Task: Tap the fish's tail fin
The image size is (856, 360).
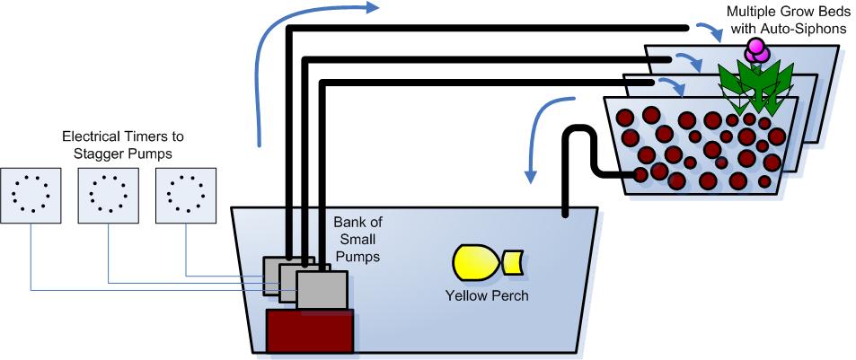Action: [515, 261]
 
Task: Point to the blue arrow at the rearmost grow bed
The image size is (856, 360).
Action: [713, 33]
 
